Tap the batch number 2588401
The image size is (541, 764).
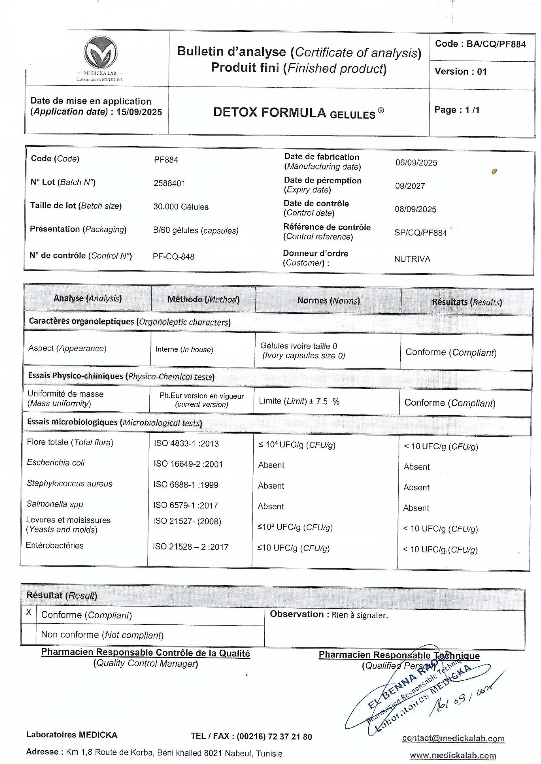tap(169, 183)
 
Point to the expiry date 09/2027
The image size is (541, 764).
tap(410, 186)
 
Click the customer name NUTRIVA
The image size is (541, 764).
tap(412, 259)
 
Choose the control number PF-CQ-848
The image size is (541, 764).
tap(173, 256)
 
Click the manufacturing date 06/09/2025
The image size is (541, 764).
tap(416, 163)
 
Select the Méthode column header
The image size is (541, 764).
tap(203, 299)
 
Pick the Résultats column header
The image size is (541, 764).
tap(467, 302)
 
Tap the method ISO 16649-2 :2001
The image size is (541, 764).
tap(188, 464)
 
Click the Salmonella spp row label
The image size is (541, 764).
tap(55, 504)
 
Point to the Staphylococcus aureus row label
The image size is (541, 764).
tap(69, 483)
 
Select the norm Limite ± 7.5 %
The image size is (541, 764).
tap(299, 401)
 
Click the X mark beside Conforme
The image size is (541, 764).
tap(28, 612)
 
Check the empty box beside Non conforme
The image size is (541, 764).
tap(28, 634)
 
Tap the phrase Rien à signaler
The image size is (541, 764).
tap(360, 615)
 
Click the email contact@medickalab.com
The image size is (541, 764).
tap(453, 738)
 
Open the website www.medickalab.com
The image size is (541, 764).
tap(453, 755)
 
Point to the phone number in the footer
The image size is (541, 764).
tap(274, 736)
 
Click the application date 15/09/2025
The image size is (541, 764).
tap(139, 112)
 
